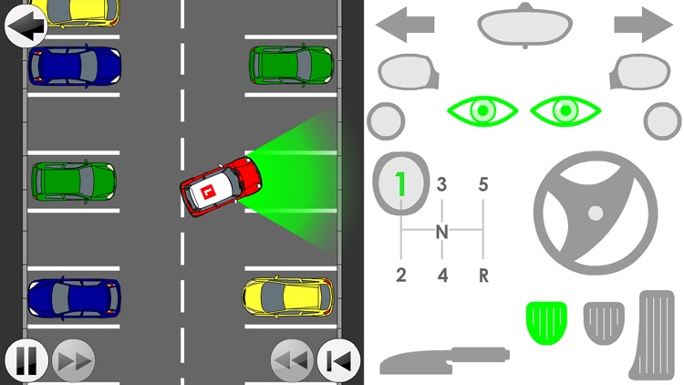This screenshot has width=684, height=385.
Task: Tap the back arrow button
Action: [25, 25]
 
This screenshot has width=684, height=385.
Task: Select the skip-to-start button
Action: [338, 361]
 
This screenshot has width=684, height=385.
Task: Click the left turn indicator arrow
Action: [405, 25]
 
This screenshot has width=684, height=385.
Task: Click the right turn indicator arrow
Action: [644, 25]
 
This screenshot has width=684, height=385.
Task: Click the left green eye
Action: [482, 111]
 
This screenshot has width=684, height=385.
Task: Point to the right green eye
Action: [565, 111]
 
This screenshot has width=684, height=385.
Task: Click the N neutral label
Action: [441, 232]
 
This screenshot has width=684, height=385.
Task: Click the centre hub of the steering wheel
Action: [596, 213]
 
